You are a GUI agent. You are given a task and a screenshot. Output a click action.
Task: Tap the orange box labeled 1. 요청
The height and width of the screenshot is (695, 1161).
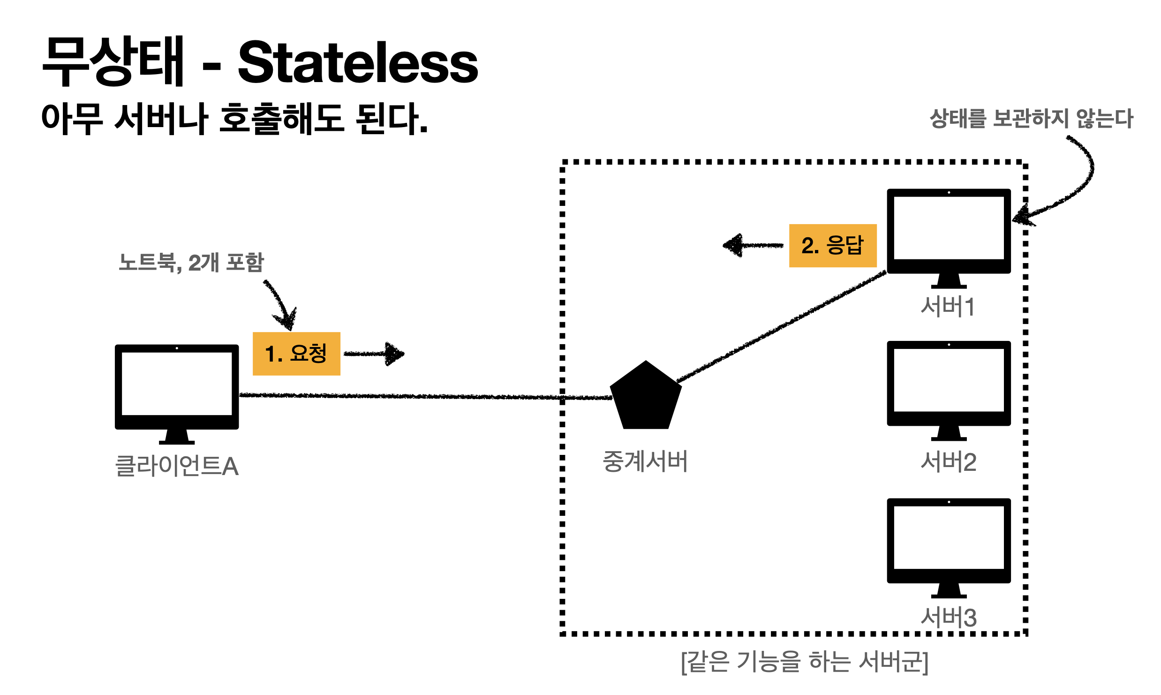296,354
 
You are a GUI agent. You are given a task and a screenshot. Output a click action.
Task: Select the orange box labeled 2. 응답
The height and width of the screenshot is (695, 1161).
833,245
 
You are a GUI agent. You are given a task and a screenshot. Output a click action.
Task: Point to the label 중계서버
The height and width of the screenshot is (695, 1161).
645,461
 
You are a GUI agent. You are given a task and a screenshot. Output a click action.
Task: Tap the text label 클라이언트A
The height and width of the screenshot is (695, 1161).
177,466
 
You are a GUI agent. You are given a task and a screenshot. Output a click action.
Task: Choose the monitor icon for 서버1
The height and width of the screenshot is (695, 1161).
949,230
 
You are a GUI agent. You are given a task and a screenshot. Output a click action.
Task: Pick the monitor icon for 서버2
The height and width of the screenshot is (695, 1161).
949,382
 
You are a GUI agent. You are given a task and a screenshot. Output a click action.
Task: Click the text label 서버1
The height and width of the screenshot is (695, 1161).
948,307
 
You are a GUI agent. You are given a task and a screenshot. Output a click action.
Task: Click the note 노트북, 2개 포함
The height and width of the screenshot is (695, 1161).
191,262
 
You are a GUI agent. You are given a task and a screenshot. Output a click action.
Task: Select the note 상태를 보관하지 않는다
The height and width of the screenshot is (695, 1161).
1031,118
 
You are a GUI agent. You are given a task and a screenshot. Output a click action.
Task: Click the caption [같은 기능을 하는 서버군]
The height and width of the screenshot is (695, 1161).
805,662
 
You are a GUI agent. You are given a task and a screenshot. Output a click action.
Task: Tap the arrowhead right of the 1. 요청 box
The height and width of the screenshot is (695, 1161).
395,354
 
